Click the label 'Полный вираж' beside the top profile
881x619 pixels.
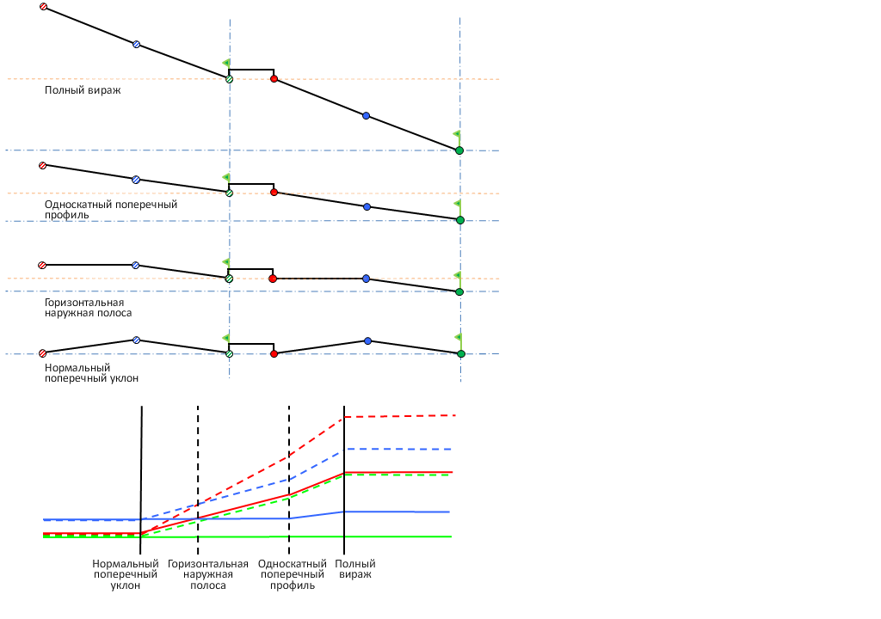(x=82, y=89)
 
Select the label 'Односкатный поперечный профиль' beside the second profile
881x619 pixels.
(x=110, y=209)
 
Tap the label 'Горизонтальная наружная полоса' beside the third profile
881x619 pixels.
(x=88, y=308)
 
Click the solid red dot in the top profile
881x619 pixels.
(x=274, y=78)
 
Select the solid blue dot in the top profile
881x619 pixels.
(x=366, y=115)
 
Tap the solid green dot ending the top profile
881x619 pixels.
(x=459, y=150)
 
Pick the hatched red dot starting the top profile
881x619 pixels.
(x=44, y=7)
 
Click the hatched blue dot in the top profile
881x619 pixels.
(x=136, y=44)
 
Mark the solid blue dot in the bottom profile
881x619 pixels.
(x=367, y=341)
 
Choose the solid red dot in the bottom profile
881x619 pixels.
(x=274, y=353)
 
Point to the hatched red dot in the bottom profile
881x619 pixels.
(x=42, y=352)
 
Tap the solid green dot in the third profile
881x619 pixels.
(x=459, y=292)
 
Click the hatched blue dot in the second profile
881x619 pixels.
(x=135, y=180)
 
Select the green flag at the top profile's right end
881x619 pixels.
(x=456, y=135)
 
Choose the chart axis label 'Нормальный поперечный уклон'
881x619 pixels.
(x=126, y=574)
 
